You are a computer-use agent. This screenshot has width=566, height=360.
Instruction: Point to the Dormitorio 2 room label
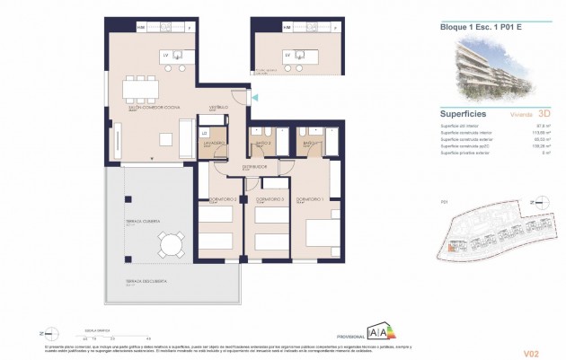coord(222,198)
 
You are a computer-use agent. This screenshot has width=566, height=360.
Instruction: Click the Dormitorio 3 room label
coord(270,198)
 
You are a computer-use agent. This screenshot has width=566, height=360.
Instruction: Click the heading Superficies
coord(464,115)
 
